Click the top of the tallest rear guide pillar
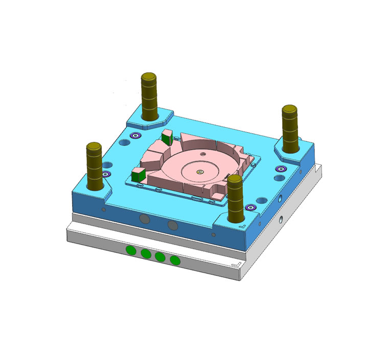[149, 77]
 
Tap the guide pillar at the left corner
[94, 165]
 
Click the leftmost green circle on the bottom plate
[131, 250]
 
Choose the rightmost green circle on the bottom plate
[175, 260]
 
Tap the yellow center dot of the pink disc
[200, 172]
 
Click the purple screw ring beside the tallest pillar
[135, 136]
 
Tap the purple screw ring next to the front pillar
[250, 207]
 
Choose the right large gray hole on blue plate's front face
[172, 225]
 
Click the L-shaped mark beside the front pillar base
[244, 225]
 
